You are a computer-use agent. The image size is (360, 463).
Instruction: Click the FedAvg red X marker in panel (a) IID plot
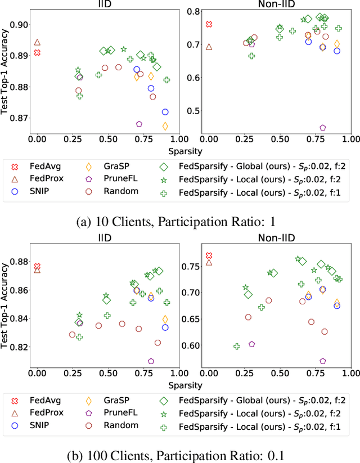(x=37, y=52)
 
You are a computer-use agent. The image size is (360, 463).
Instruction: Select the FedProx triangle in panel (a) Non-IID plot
(x=209, y=47)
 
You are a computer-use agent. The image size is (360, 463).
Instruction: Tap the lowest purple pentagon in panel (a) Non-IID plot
(x=323, y=128)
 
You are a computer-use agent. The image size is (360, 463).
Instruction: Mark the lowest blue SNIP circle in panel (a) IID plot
(x=165, y=112)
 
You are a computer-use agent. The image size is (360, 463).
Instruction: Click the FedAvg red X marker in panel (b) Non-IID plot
(x=209, y=255)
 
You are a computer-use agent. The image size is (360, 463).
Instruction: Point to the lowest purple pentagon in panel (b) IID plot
(x=151, y=361)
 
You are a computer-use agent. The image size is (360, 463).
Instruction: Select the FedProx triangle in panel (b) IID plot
(x=37, y=270)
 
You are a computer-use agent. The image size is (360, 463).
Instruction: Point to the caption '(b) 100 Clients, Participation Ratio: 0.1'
(x=181, y=453)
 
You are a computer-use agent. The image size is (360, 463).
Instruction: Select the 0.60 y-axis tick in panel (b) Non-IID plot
(x=190, y=345)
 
